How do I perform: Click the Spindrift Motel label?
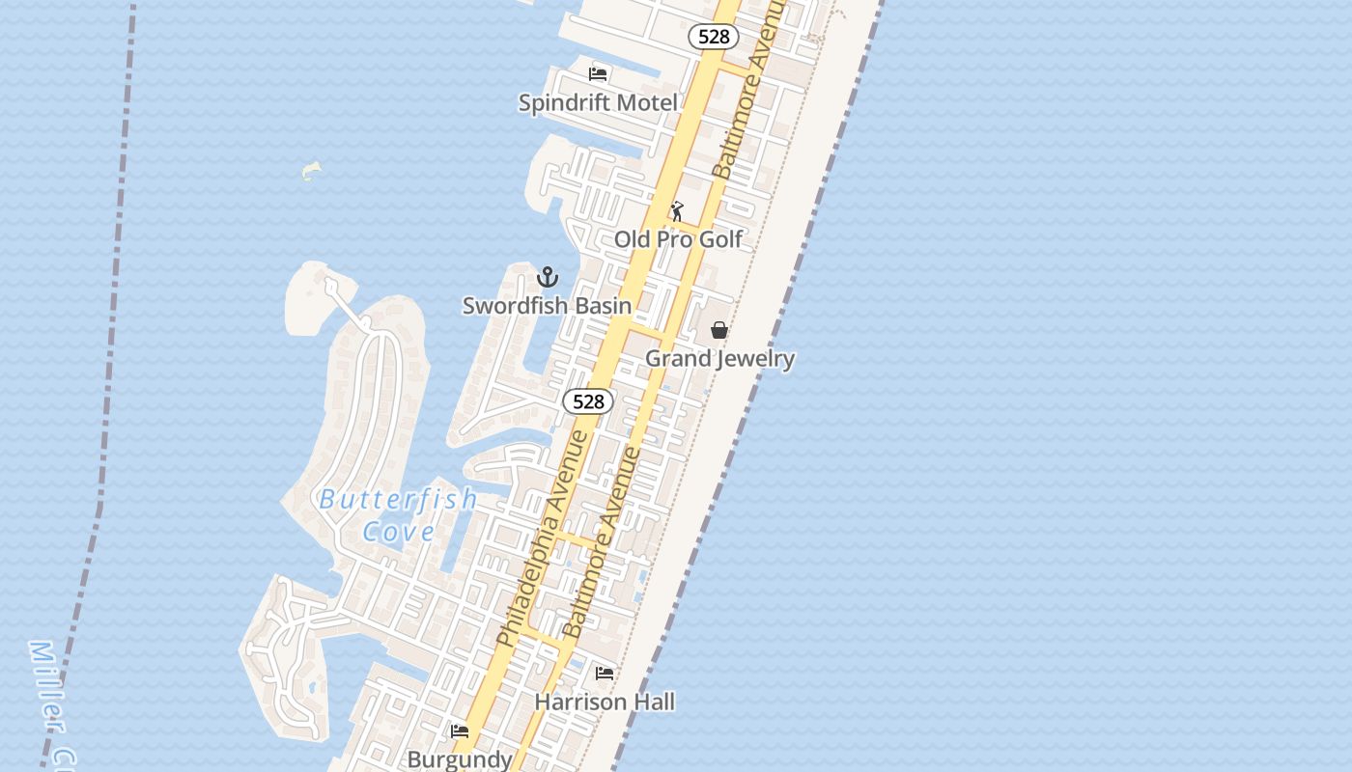tap(598, 102)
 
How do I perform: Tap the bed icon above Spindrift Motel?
tap(598, 73)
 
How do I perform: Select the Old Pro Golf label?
tap(679, 238)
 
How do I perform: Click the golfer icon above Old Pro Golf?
tap(677, 210)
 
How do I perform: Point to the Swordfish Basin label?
tap(547, 306)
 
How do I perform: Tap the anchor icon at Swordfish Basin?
tap(548, 278)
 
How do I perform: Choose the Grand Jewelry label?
tap(719, 358)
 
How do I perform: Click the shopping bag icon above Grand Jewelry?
tap(719, 330)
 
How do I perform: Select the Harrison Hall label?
tap(605, 702)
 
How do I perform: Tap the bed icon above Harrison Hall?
tap(605, 673)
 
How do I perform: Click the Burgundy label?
tap(460, 758)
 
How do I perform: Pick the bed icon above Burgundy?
tap(460, 731)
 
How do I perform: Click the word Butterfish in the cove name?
tap(398, 499)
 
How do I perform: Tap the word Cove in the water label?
tap(398, 531)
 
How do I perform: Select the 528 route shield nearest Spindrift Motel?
tap(714, 37)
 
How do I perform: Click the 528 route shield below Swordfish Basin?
tap(588, 401)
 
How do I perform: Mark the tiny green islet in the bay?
tap(310, 171)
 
